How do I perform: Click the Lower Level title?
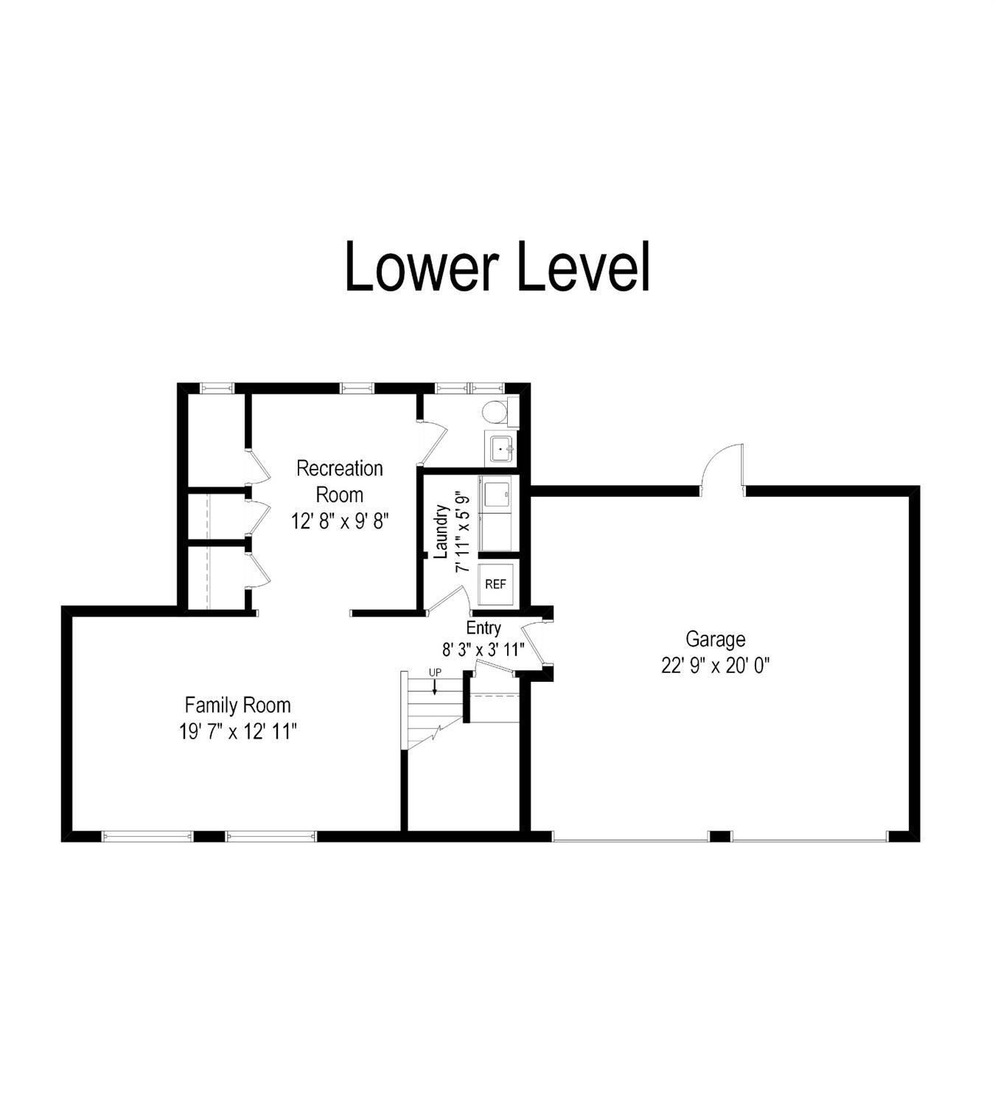(x=497, y=267)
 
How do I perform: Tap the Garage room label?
(x=715, y=639)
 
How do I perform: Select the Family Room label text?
(x=237, y=705)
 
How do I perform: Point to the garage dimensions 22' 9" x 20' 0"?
(x=715, y=666)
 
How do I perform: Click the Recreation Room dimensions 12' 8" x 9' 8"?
(x=340, y=520)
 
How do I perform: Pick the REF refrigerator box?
(x=495, y=584)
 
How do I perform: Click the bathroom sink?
(x=501, y=448)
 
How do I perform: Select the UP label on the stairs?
(x=435, y=672)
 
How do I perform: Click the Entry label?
(x=483, y=628)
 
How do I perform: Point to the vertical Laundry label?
(x=441, y=531)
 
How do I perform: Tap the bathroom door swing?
(x=433, y=444)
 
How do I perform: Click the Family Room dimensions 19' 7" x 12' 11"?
(x=238, y=732)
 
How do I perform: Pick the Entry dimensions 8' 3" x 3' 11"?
(x=483, y=650)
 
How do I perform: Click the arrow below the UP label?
(x=435, y=686)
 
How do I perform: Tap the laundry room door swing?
(x=448, y=599)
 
